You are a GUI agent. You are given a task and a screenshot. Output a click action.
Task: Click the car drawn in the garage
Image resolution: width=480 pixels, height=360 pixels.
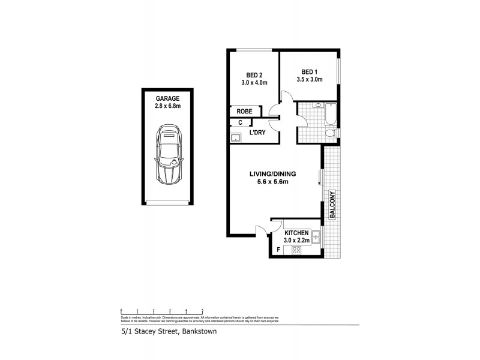click(169, 155)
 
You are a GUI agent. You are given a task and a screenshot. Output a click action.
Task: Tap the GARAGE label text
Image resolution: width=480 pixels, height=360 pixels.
click(167, 98)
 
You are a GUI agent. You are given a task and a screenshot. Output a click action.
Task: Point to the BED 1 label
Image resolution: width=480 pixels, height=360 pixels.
click(310, 71)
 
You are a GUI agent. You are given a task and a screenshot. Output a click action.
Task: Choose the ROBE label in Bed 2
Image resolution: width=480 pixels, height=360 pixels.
click(244, 112)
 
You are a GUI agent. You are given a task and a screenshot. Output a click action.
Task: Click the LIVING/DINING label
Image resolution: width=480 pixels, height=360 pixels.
click(273, 175)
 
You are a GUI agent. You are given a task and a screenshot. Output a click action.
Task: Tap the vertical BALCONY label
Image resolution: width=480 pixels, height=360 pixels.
click(330, 205)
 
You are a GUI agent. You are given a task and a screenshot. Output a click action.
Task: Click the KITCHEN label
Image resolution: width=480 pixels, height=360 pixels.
click(296, 233)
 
